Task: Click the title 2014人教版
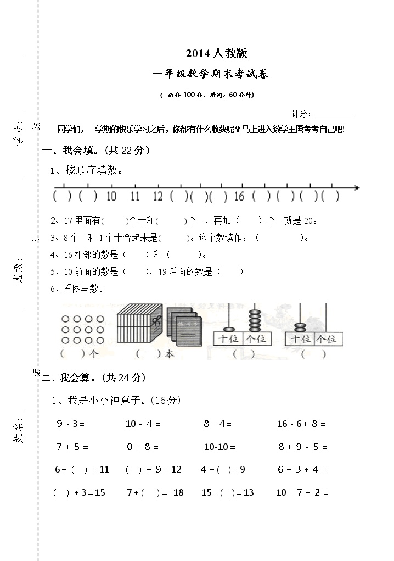[x=217, y=53]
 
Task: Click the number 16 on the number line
[x=239, y=196]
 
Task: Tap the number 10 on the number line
[x=111, y=196]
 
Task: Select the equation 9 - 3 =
[x=70, y=424]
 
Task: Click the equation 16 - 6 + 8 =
[x=301, y=424]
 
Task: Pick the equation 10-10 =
[x=219, y=447]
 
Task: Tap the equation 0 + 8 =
[x=143, y=447]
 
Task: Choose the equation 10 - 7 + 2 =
[x=302, y=492]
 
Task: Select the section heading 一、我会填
[x=96, y=150]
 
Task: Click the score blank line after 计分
[x=334, y=115]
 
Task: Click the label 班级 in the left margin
[x=19, y=271]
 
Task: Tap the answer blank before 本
[x=148, y=354]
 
